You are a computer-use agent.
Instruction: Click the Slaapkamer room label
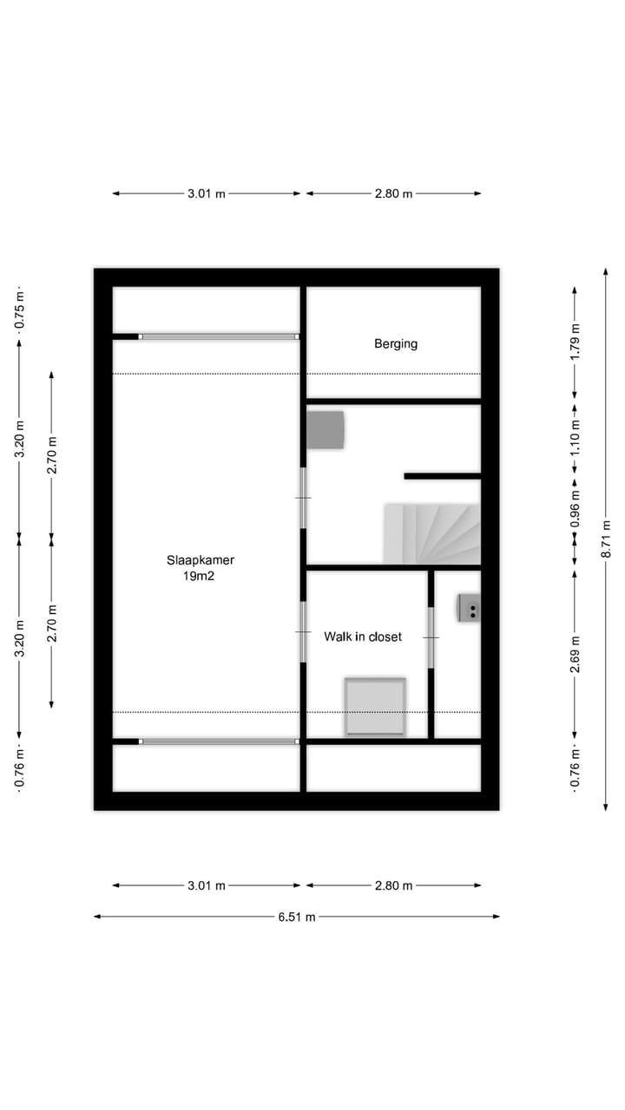tap(201, 560)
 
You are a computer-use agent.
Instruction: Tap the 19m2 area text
tap(201, 576)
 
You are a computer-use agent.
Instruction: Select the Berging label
tap(396, 343)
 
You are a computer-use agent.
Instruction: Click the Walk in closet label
tap(363, 637)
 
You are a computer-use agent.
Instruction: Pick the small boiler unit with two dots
tap(470, 609)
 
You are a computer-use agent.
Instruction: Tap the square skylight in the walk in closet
tap(375, 707)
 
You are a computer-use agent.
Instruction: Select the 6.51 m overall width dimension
tap(297, 917)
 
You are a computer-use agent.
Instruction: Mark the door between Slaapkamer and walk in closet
tap(303, 631)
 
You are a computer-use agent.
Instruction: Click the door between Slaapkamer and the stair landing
tap(303, 498)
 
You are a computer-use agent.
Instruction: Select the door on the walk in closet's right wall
tap(431, 637)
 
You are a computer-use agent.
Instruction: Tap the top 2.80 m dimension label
tap(393, 193)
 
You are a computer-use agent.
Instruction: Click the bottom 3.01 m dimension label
tap(206, 885)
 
